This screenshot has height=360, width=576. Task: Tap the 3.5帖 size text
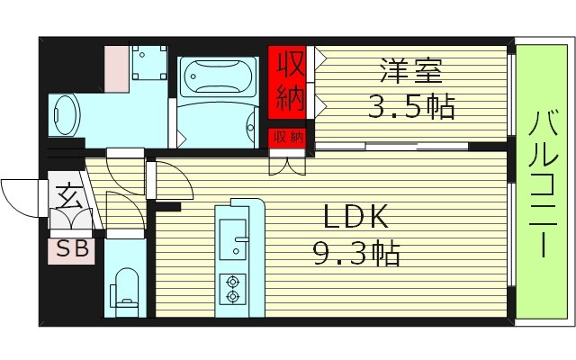[x=410, y=107]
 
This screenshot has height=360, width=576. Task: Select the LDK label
[x=356, y=218]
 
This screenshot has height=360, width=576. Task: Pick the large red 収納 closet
[x=289, y=82]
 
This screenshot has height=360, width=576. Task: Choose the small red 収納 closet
[x=289, y=137]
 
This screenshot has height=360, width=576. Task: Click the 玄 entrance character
[x=67, y=193]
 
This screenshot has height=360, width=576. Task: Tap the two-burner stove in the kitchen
[x=234, y=287]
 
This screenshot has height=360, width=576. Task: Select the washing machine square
[x=147, y=60]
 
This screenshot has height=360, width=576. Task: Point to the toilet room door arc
[x=121, y=209]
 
